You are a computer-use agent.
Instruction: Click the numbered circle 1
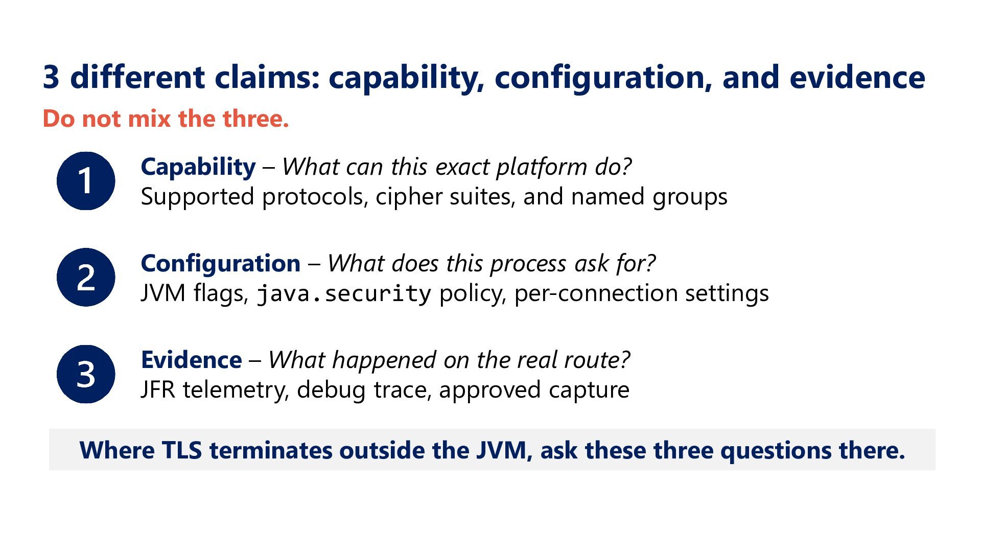click(x=86, y=181)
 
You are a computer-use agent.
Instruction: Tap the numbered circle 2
click(x=86, y=278)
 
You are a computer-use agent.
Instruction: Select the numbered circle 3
click(x=86, y=374)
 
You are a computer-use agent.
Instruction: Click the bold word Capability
click(x=198, y=168)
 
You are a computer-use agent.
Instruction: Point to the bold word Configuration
click(x=221, y=264)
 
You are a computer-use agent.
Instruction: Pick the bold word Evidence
click(x=192, y=360)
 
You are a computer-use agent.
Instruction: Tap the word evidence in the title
click(x=857, y=77)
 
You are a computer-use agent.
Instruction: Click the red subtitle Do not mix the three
click(x=166, y=119)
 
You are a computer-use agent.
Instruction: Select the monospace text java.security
click(x=344, y=294)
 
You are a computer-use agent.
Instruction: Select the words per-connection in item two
click(x=596, y=294)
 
